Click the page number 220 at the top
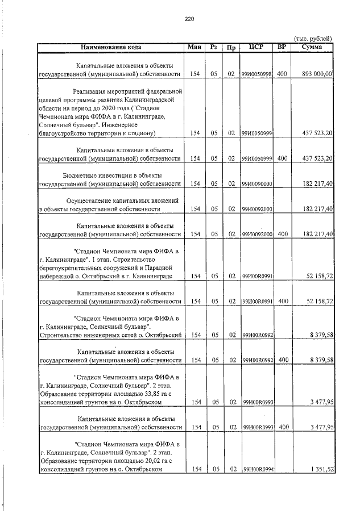coord(189,19)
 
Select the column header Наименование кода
coord(111,47)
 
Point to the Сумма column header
coord(312,47)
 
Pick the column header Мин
coord(195,47)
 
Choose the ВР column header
coord(281,47)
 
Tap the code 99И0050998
coord(256,74)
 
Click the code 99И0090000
coord(256,184)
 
